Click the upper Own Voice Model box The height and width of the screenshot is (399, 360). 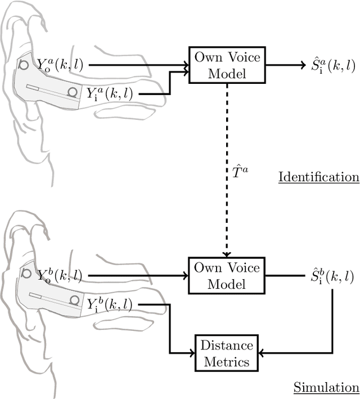(x=227, y=65)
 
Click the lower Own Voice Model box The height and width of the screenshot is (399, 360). (x=227, y=276)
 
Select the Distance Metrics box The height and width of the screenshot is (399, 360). (x=227, y=353)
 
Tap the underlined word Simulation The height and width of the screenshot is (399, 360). (x=326, y=388)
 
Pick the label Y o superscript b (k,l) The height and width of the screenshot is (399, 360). (x=60, y=276)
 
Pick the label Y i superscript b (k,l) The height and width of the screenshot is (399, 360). (x=109, y=304)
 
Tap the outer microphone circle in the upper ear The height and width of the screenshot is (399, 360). (x=24, y=65)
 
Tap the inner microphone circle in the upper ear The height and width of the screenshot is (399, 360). (x=73, y=92)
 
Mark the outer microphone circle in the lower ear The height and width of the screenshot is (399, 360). (x=26, y=274)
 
